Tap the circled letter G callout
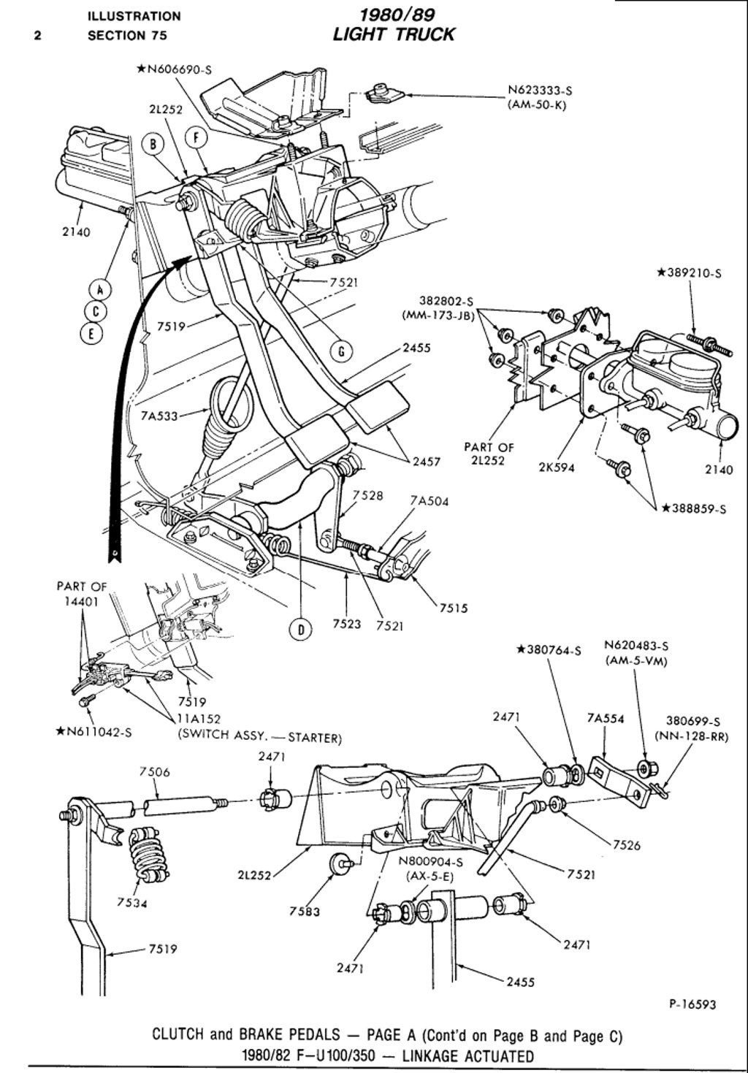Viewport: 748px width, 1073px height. pos(341,352)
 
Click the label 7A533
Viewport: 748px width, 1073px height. pos(159,416)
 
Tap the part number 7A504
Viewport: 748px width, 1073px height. pos(429,501)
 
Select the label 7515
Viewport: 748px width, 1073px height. pos(454,608)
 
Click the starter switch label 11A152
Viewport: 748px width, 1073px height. pos(202,719)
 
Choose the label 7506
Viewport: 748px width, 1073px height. pos(154,771)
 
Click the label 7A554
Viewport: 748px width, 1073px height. pos(606,718)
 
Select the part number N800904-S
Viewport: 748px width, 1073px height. pos(427,860)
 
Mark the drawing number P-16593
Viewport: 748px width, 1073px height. pos(692,1004)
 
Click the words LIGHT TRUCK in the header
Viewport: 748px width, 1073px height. pos(394,34)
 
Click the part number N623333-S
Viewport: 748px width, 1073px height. pos(540,91)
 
